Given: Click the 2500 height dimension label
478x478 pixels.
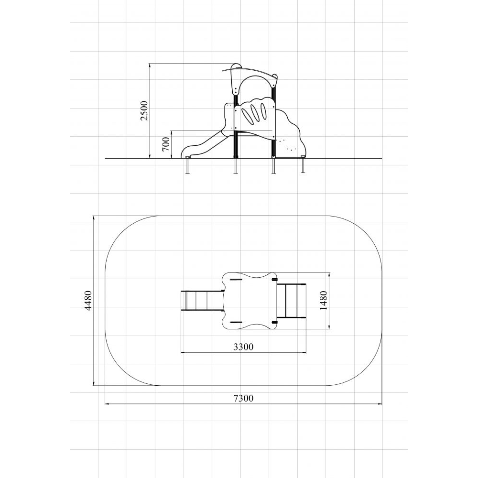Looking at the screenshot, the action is coord(144,111).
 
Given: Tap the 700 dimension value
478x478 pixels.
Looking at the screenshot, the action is coord(166,144).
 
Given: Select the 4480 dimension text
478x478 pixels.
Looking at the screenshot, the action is coord(88,301).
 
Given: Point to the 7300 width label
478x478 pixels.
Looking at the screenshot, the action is coord(244,398).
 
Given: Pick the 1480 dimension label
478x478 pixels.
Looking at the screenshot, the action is coord(324,301).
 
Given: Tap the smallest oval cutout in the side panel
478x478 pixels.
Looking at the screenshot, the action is coord(263,111).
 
